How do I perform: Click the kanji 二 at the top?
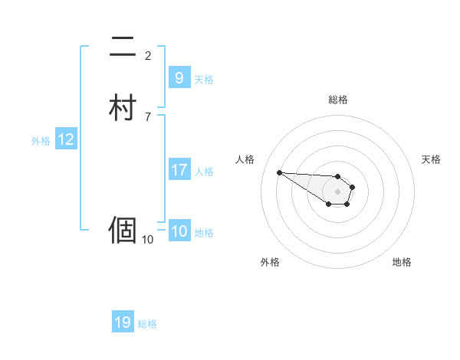123,47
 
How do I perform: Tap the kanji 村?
123,106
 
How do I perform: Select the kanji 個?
123,230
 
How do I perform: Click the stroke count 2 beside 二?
148,56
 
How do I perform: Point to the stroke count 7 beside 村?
148,116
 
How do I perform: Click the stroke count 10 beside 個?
148,240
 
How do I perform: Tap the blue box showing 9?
179,77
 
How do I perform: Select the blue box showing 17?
179,170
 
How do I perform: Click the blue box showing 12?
65,139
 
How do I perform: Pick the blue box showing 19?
123,322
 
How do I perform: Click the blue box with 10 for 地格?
179,231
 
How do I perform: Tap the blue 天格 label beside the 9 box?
204,79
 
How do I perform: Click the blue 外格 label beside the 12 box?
40,141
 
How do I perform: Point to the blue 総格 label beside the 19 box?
147,324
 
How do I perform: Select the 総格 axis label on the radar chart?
337,100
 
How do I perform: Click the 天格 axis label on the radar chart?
431,159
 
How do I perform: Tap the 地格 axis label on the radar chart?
402,262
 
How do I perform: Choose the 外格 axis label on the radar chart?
270,262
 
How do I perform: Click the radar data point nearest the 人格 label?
279,172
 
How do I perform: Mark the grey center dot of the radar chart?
337,191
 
